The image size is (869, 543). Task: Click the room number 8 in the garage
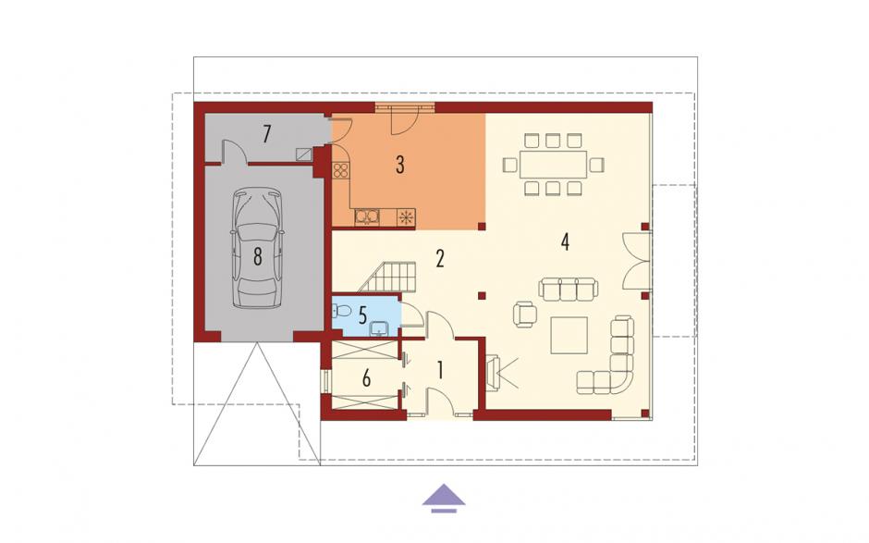tap(257, 257)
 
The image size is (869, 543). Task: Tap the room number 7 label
tap(267, 134)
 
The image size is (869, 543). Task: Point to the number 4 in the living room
tap(565, 241)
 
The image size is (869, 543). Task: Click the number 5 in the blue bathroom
tap(362, 315)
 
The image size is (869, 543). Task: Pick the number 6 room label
tap(366, 379)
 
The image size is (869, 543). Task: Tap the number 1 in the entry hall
tap(441, 370)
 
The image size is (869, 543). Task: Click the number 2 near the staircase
tap(440, 258)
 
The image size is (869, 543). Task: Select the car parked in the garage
tap(257, 247)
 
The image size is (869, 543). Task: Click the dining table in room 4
tap(553, 164)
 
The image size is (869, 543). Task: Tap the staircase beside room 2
tap(387, 277)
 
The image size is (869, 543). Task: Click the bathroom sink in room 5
tap(380, 328)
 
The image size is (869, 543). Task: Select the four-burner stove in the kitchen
tap(341, 170)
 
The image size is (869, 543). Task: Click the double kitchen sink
tap(367, 216)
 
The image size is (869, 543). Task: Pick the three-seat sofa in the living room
tap(569, 289)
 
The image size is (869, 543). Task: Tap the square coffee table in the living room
tap(569, 335)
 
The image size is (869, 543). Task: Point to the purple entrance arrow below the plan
tap(444, 498)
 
